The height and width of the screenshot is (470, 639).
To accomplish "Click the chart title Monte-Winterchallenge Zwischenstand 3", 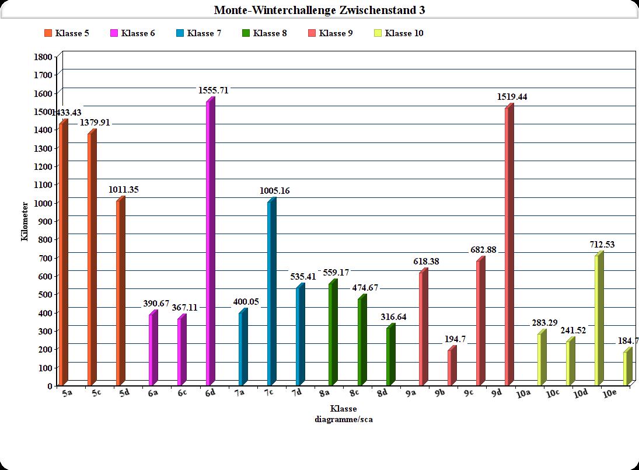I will (319, 10).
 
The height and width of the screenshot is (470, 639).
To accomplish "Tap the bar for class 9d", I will (509, 245).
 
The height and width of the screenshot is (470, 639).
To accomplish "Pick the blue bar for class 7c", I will (271, 292).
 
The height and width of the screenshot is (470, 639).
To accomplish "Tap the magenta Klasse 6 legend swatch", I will (114, 33).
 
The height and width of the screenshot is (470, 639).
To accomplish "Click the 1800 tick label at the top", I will (44, 57).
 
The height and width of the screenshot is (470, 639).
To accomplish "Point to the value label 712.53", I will (601, 245).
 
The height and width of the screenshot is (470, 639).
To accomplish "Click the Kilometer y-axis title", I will (25, 221).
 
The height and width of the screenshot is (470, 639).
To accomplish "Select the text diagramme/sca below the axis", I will (343, 419).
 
